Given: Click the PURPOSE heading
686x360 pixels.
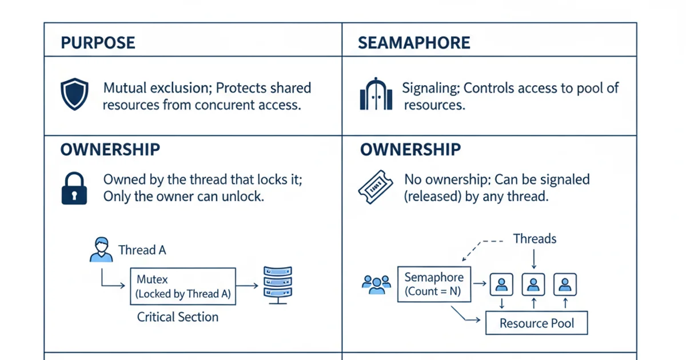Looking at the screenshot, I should tap(98, 43).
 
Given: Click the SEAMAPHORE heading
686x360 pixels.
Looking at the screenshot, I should tap(414, 43).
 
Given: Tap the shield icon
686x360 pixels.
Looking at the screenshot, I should tap(74, 95).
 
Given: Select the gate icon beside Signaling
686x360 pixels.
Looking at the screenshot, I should tap(376, 94).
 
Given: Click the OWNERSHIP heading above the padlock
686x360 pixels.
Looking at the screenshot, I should tap(110, 150).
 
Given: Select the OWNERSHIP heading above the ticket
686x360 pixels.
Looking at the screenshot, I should tap(410, 150).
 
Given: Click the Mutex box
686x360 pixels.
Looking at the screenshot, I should tap(183, 286).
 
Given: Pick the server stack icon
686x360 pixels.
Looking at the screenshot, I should tap(277, 285).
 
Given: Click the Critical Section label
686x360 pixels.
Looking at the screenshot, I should tap(178, 317).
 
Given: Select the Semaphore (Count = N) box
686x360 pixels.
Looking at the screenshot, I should tap(434, 284).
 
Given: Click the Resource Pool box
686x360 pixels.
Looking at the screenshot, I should tap(536, 323).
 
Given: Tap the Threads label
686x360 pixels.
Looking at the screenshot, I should tap(535, 238).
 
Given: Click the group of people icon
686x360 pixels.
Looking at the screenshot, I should tap(376, 284).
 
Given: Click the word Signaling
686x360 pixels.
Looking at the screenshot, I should tap(430, 89).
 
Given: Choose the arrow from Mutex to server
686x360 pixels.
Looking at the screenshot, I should tap(247, 285).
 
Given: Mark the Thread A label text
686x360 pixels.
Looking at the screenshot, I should tap(142, 250).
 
